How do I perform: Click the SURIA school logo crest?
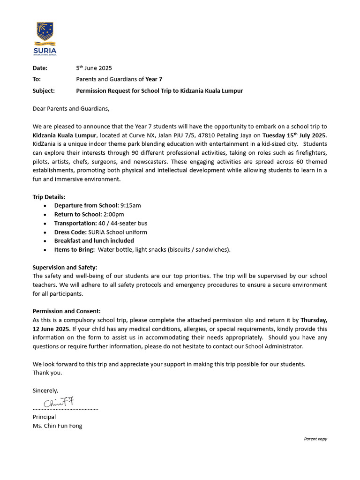click(46, 34)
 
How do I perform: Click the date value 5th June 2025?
click(94, 68)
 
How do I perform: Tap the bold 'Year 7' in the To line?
click(154, 79)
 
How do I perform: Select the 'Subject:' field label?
click(44, 90)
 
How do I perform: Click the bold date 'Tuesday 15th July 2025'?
click(294, 135)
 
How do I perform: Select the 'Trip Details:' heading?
click(49, 196)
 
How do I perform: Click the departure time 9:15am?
click(131, 205)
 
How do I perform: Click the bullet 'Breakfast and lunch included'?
click(94, 240)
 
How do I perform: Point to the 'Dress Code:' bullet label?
click(71, 232)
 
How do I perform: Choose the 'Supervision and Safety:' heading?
click(65, 267)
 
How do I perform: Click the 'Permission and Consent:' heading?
click(67, 311)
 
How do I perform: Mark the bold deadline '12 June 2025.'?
click(52, 329)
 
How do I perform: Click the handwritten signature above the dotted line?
click(59, 402)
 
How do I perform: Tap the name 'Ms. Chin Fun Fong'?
click(57, 426)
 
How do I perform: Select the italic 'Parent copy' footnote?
click(315, 439)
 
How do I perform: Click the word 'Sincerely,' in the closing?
click(45, 390)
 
